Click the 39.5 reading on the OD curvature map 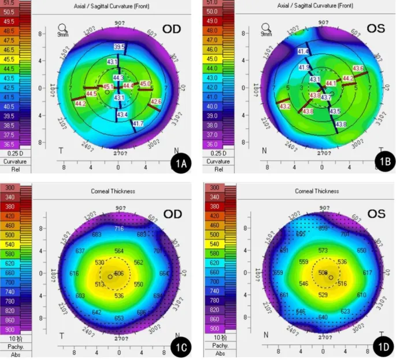119,46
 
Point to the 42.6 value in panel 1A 156,102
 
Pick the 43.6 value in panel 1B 358,69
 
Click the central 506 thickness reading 119,273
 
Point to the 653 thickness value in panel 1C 119,318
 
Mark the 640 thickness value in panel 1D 323,317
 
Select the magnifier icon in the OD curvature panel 63,27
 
